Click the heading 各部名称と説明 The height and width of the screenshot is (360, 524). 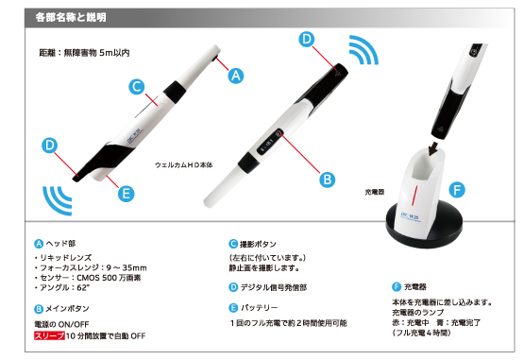tap(71, 17)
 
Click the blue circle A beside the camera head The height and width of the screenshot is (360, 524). tap(236, 76)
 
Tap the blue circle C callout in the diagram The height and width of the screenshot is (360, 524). tap(137, 87)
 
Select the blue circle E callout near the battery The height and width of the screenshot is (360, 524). tap(127, 194)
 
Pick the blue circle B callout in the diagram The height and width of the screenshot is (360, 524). tap(328, 180)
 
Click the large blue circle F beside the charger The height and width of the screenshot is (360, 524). tap(457, 190)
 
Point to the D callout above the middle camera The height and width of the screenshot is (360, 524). tap(307, 39)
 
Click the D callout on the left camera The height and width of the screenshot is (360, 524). tap(49, 146)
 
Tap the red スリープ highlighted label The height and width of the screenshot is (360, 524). tap(49, 335)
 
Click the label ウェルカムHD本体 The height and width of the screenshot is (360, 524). tap(184, 165)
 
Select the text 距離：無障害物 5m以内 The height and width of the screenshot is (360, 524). tap(84, 53)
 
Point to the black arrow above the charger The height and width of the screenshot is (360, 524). tap(433, 148)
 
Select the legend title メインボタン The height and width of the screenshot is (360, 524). tap(67, 308)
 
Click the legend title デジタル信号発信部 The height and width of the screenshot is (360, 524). tap(274, 287)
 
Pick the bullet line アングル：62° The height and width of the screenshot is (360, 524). tap(62, 287)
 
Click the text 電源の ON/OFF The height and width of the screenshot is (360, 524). tap(61, 324)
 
